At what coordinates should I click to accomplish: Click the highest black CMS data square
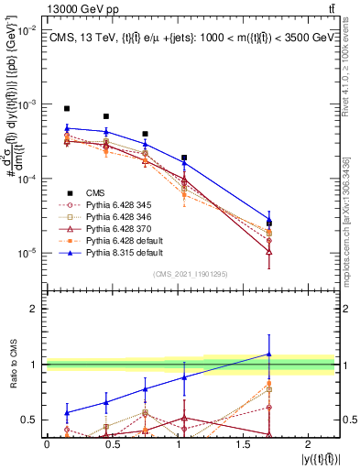coord(67,108)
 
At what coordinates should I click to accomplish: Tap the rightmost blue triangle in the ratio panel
coord(268,354)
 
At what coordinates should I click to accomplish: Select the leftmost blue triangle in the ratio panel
coord(67,412)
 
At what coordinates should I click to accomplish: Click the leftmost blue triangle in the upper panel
coord(67,129)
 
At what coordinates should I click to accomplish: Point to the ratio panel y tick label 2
coord(34,309)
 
